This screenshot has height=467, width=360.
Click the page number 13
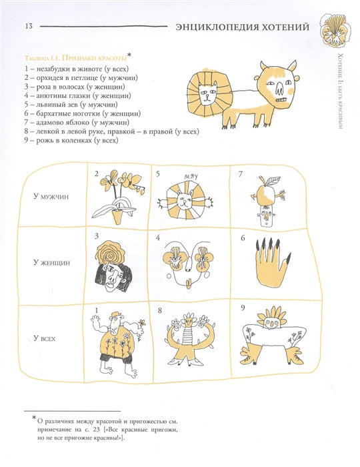(29, 26)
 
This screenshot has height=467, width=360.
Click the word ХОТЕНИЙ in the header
(285, 27)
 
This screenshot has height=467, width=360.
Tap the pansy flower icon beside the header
(335, 30)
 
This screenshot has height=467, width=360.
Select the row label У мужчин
(51, 197)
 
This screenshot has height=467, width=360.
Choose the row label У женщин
(51, 263)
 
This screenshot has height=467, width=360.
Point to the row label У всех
(44, 338)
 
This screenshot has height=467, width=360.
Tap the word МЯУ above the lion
(191, 177)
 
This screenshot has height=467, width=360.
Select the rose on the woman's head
(111, 253)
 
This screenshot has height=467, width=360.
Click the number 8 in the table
(159, 311)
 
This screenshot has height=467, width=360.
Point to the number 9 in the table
(243, 308)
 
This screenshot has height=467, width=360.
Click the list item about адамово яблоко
(77, 122)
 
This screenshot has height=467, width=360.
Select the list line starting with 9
(71, 140)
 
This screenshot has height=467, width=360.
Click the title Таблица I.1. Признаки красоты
(75, 58)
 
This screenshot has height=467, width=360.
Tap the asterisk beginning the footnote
(34, 418)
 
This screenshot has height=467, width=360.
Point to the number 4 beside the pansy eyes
(158, 238)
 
